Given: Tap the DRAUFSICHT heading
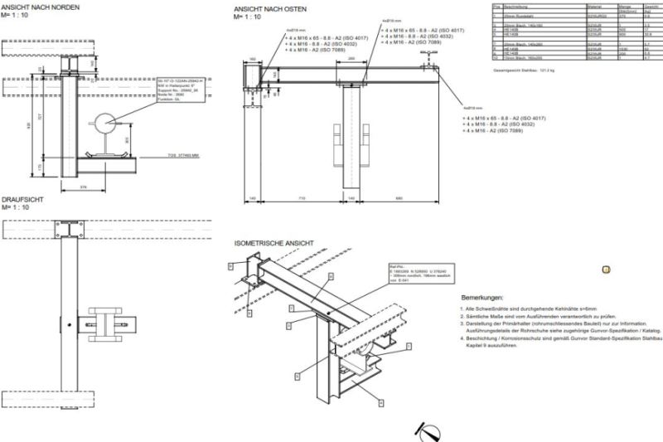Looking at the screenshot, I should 22,199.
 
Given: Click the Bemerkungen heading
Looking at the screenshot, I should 483,297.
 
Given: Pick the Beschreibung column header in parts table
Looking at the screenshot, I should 517,5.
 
